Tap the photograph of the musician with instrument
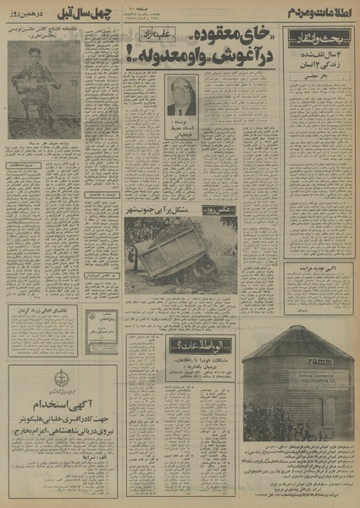40,81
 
